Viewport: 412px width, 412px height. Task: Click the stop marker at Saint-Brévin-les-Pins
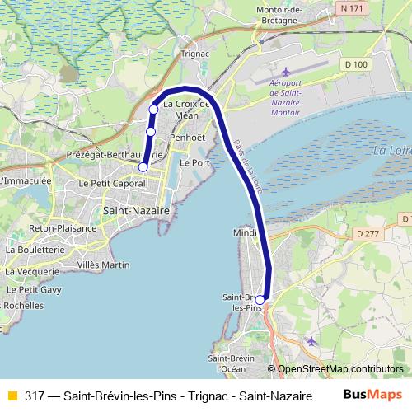click(260, 300)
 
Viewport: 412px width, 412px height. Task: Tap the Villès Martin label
click(103, 265)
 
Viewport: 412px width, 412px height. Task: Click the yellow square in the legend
click(12, 395)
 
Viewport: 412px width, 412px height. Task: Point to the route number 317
click(35, 395)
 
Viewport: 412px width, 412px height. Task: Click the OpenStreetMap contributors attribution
click(339, 368)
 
